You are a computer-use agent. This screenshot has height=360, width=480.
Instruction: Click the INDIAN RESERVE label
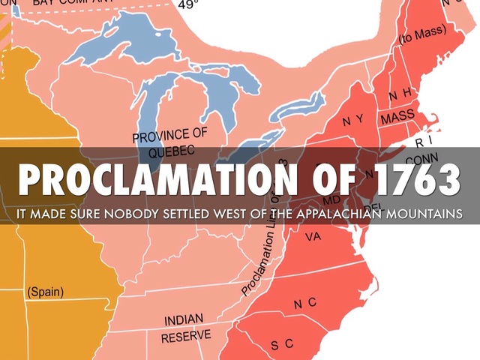[185, 327]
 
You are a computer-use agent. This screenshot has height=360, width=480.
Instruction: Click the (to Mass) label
[421, 34]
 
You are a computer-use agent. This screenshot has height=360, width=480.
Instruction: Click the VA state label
[313, 237]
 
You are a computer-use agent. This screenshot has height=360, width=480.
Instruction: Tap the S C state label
[282, 344]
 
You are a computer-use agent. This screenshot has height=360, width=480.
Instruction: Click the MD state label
[331, 201]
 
